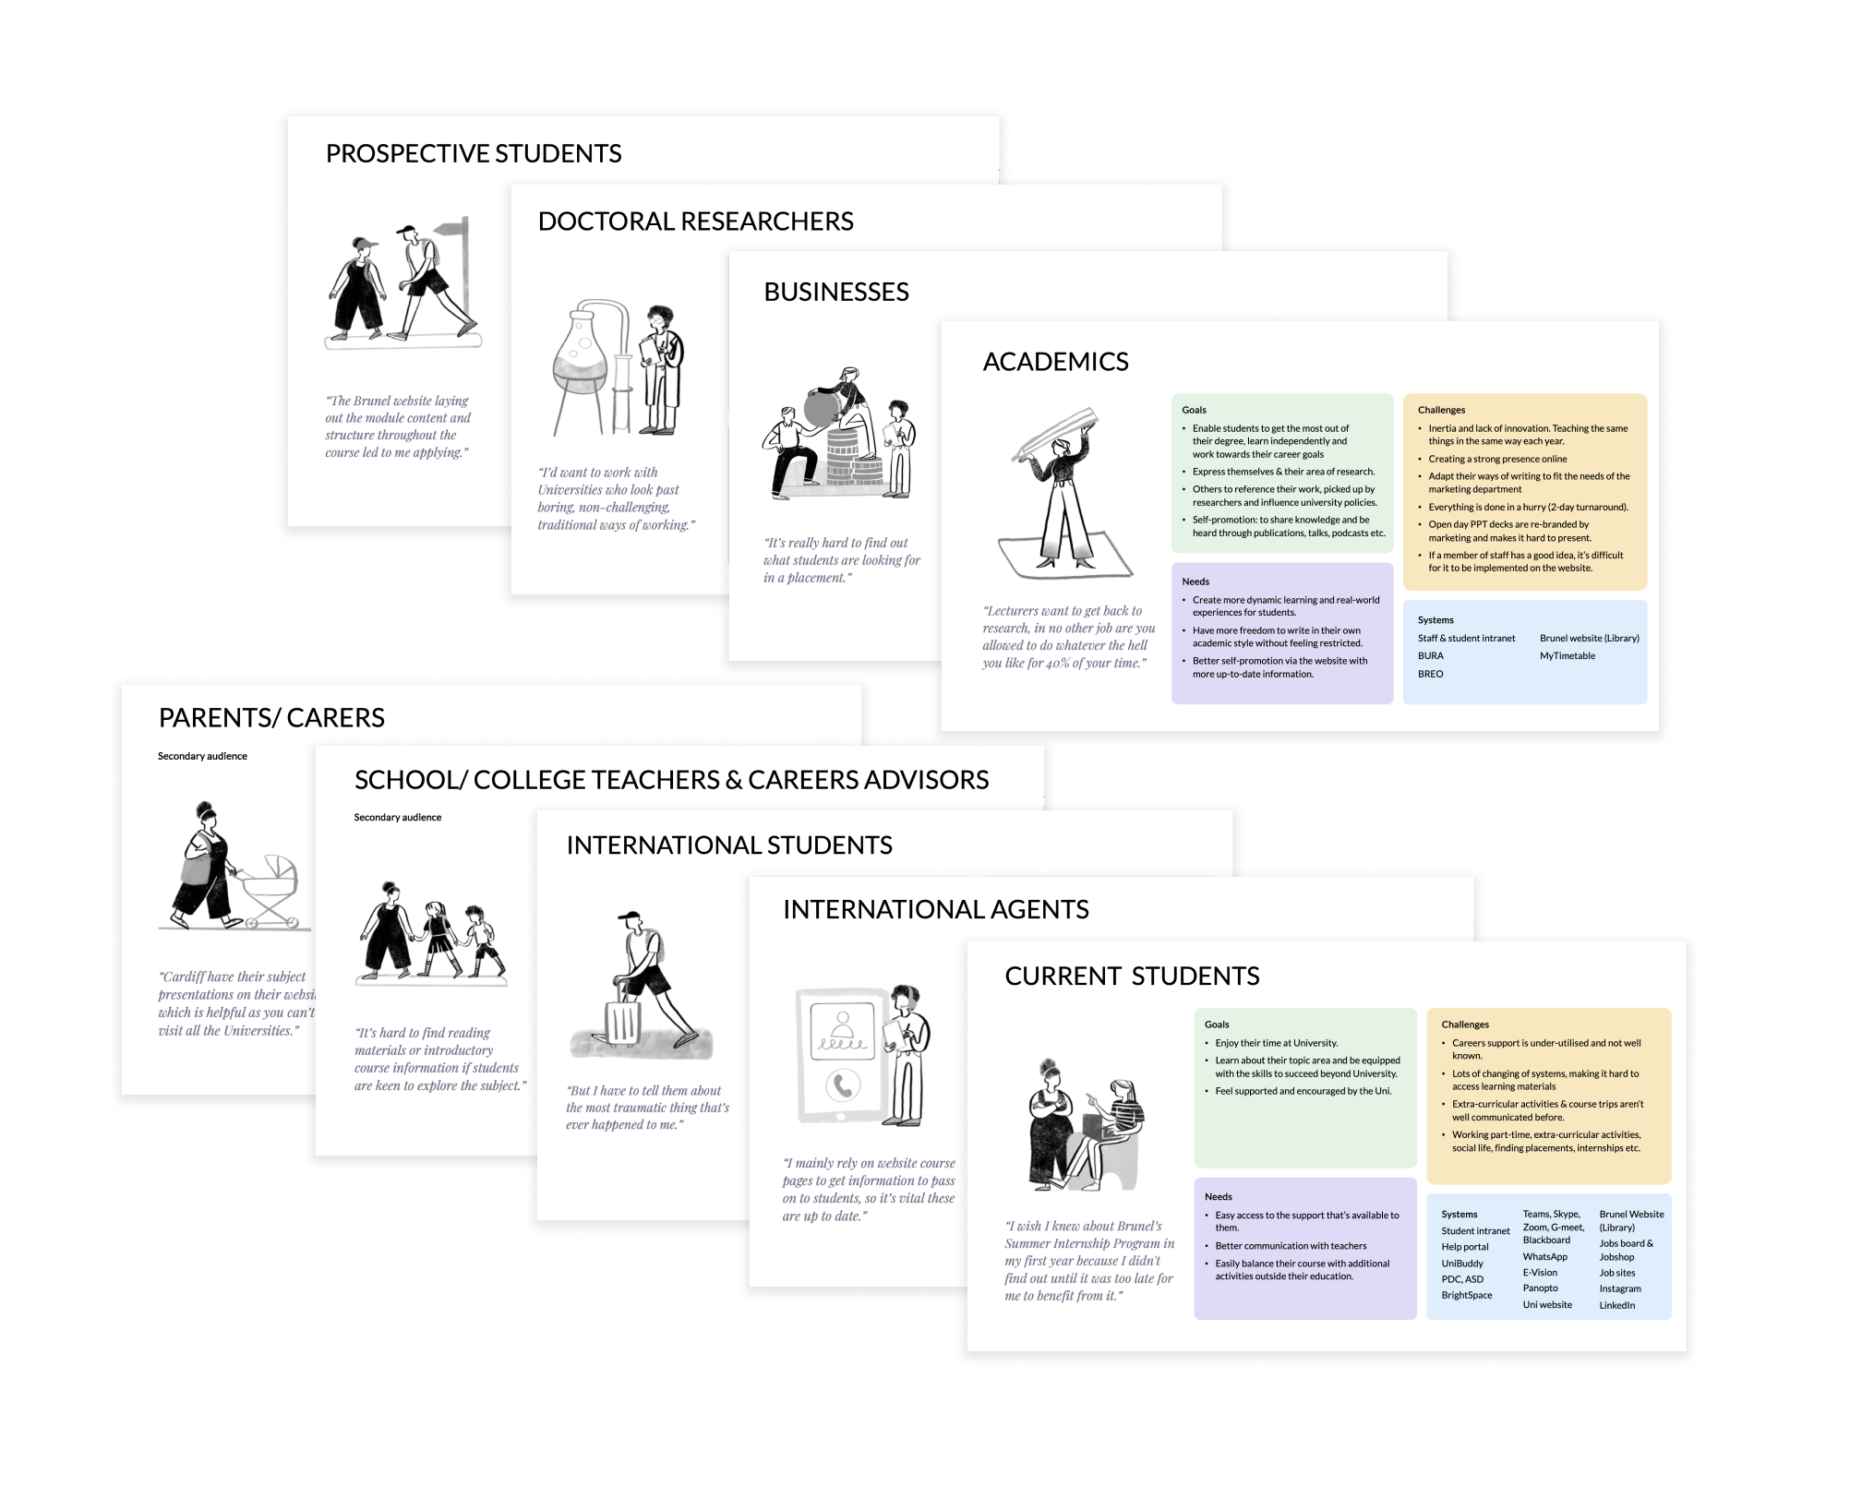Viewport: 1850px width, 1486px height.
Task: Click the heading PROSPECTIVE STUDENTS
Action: click(x=474, y=153)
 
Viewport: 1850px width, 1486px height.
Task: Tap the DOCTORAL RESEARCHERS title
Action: click(x=695, y=222)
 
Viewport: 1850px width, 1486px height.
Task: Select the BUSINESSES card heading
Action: click(x=835, y=292)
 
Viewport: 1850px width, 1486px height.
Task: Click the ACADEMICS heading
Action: click(x=1055, y=362)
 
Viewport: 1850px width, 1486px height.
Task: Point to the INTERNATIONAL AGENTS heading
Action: click(x=935, y=909)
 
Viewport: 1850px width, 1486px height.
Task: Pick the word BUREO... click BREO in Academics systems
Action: click(x=1430, y=674)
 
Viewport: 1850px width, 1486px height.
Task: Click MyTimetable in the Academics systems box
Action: click(x=1567, y=656)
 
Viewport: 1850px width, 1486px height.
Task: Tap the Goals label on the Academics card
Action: click(x=1194, y=410)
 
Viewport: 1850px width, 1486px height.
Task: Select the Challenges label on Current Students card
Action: click(x=1464, y=1025)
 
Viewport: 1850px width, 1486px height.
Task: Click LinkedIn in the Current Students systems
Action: click(x=1616, y=1305)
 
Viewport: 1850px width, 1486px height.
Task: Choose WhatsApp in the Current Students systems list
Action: click(x=1544, y=1256)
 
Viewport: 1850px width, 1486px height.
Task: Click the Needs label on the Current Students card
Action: click(x=1218, y=1196)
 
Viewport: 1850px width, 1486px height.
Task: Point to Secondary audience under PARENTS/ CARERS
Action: click(x=202, y=756)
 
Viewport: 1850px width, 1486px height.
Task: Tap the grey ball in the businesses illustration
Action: click(x=821, y=408)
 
